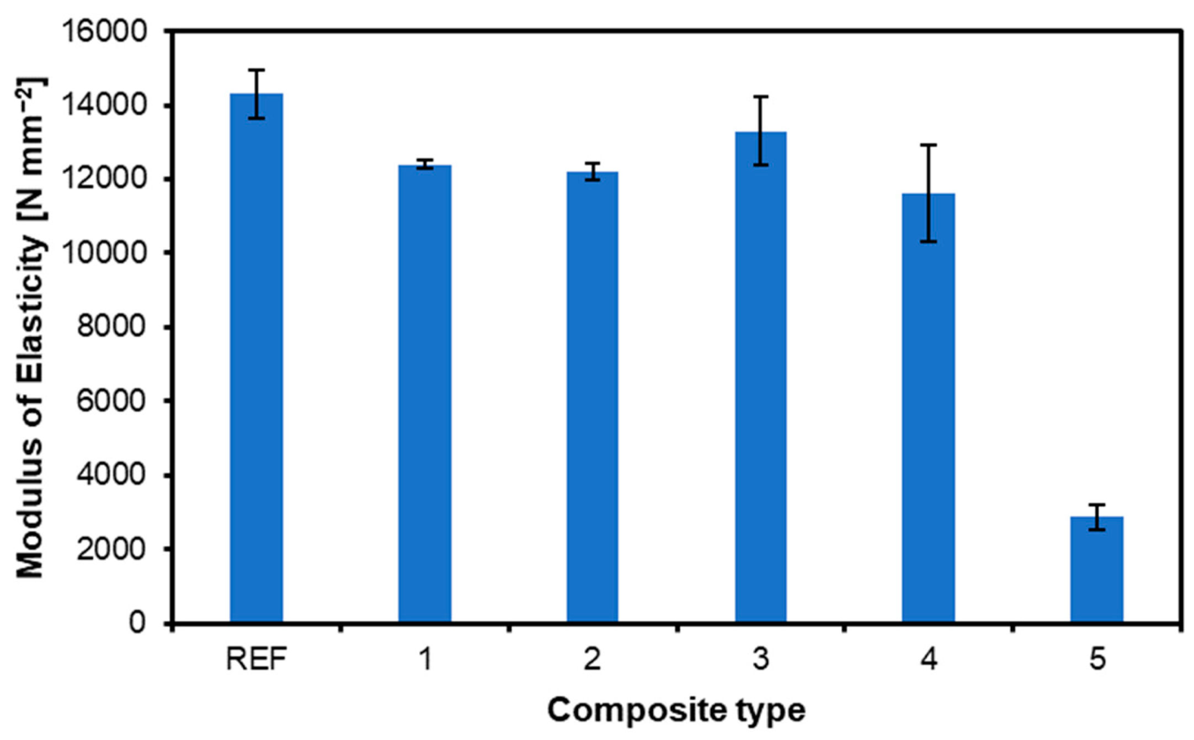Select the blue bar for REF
[257, 358]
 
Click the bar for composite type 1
[425, 394]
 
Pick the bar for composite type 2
[593, 397]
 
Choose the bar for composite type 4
[929, 408]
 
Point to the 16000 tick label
[105, 31]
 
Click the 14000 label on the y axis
[105, 105]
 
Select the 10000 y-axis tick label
[105, 253]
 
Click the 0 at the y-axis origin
[137, 623]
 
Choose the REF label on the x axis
[257, 659]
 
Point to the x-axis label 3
[761, 659]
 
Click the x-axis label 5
[1097, 659]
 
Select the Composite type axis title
[676, 710]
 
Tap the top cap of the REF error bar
[257, 70]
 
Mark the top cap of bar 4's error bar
[929, 145]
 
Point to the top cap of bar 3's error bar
[761, 96]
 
